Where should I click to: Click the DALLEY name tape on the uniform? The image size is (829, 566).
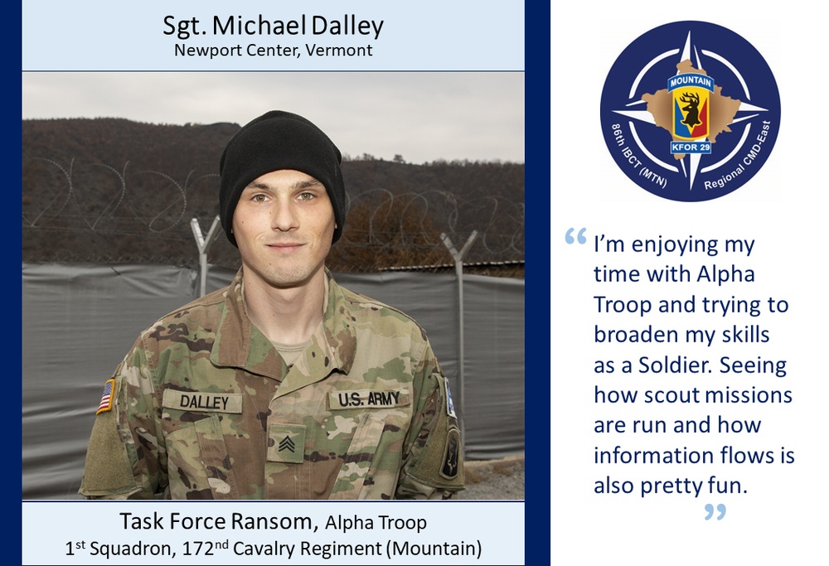point(202,401)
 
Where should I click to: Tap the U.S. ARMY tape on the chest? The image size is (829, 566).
point(369,399)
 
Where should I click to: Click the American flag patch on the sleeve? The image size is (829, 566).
point(106,396)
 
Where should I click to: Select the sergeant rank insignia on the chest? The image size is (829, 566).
point(286,443)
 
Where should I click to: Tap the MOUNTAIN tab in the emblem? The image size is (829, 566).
point(691,82)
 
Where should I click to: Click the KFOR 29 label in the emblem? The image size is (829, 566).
point(691,147)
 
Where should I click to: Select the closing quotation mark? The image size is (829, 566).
point(715,511)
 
